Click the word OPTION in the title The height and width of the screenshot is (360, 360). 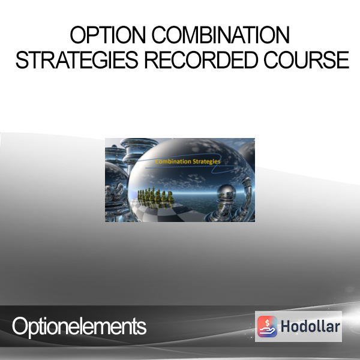tap(107, 35)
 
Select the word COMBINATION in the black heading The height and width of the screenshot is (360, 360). tap(220, 35)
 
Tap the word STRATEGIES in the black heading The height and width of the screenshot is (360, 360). tap(77, 60)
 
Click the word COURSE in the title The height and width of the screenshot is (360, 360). tap(307, 60)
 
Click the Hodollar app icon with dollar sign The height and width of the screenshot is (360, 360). tap(267, 326)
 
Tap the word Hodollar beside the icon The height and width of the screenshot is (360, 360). tap(310, 326)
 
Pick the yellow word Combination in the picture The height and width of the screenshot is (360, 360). tap(173, 161)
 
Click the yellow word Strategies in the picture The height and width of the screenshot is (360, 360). tap(206, 162)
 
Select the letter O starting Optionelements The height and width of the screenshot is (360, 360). tap(20, 326)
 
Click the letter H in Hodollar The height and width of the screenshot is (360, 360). tap(286, 326)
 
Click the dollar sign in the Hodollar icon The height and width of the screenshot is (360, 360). tap(267, 323)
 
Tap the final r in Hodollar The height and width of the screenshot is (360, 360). tap(337, 328)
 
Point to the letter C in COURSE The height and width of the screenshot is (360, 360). tap(271, 60)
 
